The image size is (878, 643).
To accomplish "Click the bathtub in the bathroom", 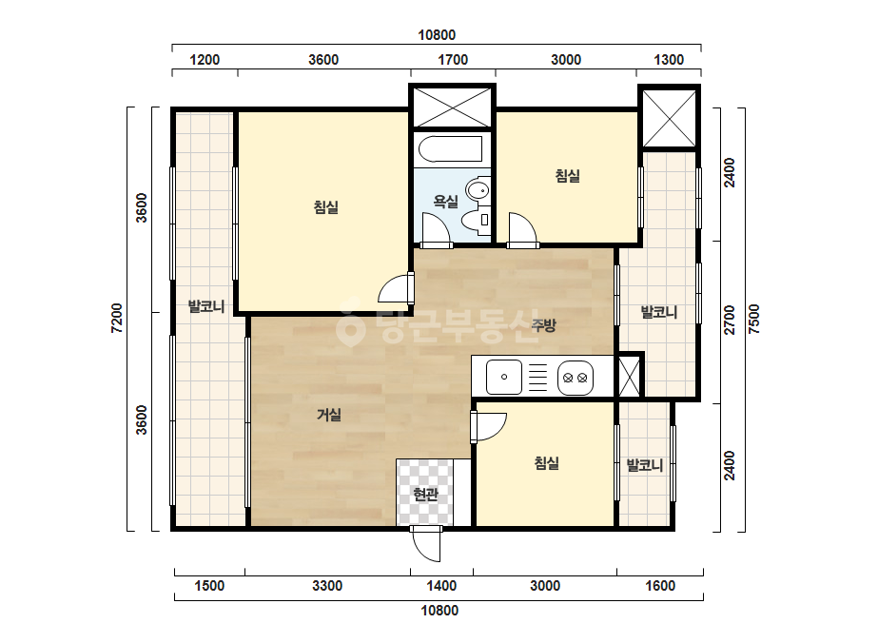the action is (450, 149).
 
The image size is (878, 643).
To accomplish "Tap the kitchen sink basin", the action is (504, 377).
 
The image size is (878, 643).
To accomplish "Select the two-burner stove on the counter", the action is (576, 378).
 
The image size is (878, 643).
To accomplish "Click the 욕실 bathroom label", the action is (446, 201).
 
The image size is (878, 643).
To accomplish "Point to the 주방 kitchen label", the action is (543, 325).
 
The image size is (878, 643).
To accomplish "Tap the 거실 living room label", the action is (329, 415).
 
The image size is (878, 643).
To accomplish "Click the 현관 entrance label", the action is (425, 494).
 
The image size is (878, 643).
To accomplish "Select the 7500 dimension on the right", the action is (754, 320).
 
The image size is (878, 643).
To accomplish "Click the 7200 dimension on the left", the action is (116, 318).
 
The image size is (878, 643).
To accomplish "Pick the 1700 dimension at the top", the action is (453, 59).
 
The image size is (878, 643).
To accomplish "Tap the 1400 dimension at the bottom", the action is (441, 586).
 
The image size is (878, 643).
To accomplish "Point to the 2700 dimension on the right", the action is (729, 321).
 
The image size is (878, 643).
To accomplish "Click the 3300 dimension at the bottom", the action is (327, 586).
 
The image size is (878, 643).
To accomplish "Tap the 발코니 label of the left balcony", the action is (206, 306).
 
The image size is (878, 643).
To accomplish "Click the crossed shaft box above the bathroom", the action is (452, 107).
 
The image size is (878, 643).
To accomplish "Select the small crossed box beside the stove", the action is (629, 377).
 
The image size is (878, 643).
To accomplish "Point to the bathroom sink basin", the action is (478, 189).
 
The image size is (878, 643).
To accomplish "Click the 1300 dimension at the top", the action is (669, 59).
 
